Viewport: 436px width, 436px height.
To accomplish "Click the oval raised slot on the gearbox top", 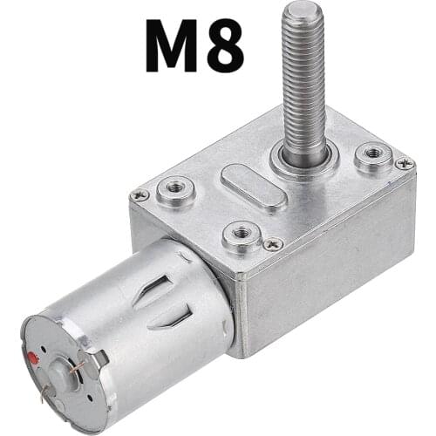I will [x=253, y=186].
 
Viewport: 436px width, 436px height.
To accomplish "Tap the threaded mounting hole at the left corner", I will [x=175, y=189].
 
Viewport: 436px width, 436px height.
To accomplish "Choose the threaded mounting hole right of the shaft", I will [x=372, y=156].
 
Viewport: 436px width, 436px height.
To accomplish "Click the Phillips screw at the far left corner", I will [x=139, y=195].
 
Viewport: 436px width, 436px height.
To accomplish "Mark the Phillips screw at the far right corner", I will [x=403, y=163].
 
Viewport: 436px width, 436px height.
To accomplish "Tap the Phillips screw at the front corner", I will [x=273, y=244].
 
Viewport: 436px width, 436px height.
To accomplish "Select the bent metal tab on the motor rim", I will [x=100, y=356].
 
